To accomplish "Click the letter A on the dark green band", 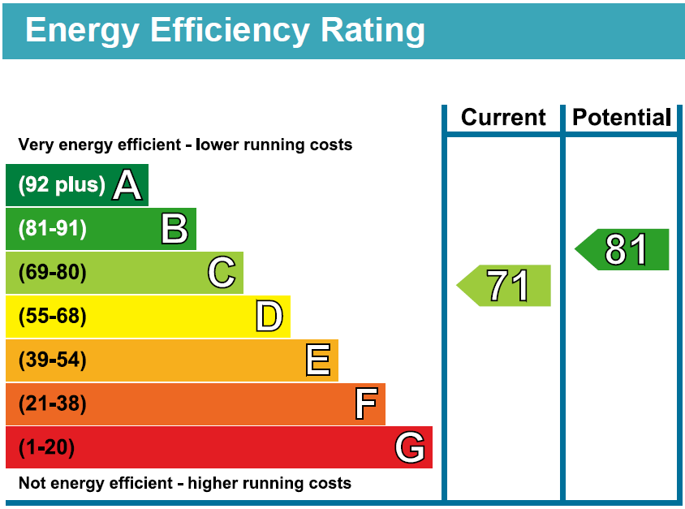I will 127,185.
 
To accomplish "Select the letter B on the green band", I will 174,229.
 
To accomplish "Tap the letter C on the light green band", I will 222,273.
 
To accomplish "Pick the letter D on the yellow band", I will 269,317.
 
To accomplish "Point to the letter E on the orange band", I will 318,360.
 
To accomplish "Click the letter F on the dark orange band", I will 366,404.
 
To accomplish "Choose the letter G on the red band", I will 410,448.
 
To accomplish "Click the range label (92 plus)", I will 62,185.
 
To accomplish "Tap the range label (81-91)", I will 52,229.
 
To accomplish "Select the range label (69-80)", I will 52,273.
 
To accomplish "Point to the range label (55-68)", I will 52,317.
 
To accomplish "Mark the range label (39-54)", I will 52,360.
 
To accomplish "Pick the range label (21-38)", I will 52,404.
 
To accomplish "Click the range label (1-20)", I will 46,447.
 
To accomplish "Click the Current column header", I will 503,118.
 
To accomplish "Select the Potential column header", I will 622,118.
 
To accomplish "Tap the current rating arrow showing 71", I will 505,286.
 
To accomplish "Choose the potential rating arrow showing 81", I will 623,250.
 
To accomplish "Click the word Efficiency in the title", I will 230,30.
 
